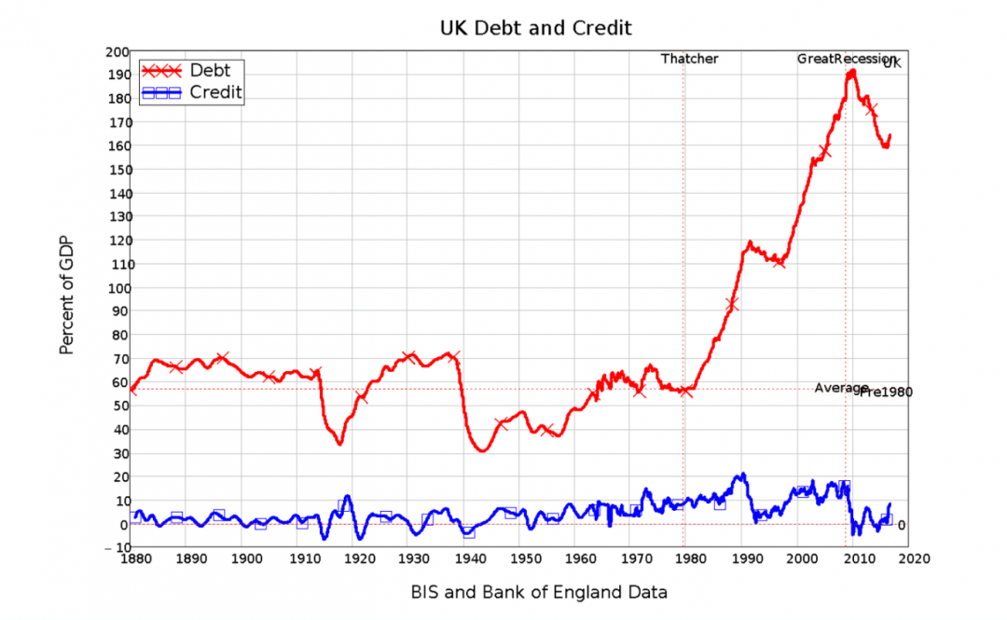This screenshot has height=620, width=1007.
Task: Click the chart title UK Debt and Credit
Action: click(535, 27)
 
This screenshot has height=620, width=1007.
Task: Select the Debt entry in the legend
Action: click(210, 70)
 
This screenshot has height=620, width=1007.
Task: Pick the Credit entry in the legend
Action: click(215, 91)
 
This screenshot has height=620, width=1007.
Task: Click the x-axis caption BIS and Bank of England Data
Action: click(539, 592)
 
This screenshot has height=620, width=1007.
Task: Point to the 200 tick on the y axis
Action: click(117, 51)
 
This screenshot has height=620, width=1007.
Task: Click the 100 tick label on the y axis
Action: click(117, 287)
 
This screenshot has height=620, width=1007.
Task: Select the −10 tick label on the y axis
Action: click(117, 547)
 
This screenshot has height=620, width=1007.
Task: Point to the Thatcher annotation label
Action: click(690, 59)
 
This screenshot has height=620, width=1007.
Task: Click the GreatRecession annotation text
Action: click(845, 59)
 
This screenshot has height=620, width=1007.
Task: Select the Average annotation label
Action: click(841, 388)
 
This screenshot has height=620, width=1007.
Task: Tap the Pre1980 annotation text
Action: click(886, 393)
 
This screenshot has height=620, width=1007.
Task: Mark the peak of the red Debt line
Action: click(851, 71)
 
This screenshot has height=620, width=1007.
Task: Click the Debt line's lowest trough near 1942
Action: click(482, 451)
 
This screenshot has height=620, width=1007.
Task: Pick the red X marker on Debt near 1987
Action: click(732, 305)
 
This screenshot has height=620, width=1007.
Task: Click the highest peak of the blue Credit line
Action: click(743, 475)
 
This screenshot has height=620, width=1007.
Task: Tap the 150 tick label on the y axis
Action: click(117, 170)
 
